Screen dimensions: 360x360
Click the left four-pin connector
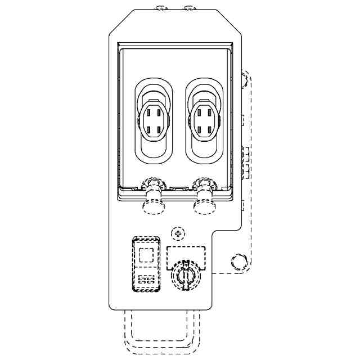tap(152, 119)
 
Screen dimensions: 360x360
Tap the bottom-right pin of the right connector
tap(210, 129)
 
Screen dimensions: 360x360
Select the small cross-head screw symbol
tap(178, 233)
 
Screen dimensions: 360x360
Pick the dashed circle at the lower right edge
tap(238, 261)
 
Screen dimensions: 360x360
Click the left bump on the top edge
tap(162, 8)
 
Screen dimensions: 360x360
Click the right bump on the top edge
tap(189, 8)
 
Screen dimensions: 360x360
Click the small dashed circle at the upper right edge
tap(245, 80)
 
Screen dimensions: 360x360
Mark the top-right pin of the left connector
tap(159, 112)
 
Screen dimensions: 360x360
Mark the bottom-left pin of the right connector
tap(198, 129)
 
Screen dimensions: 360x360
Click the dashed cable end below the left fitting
tap(153, 208)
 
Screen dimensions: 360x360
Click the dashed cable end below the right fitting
tap(204, 208)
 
